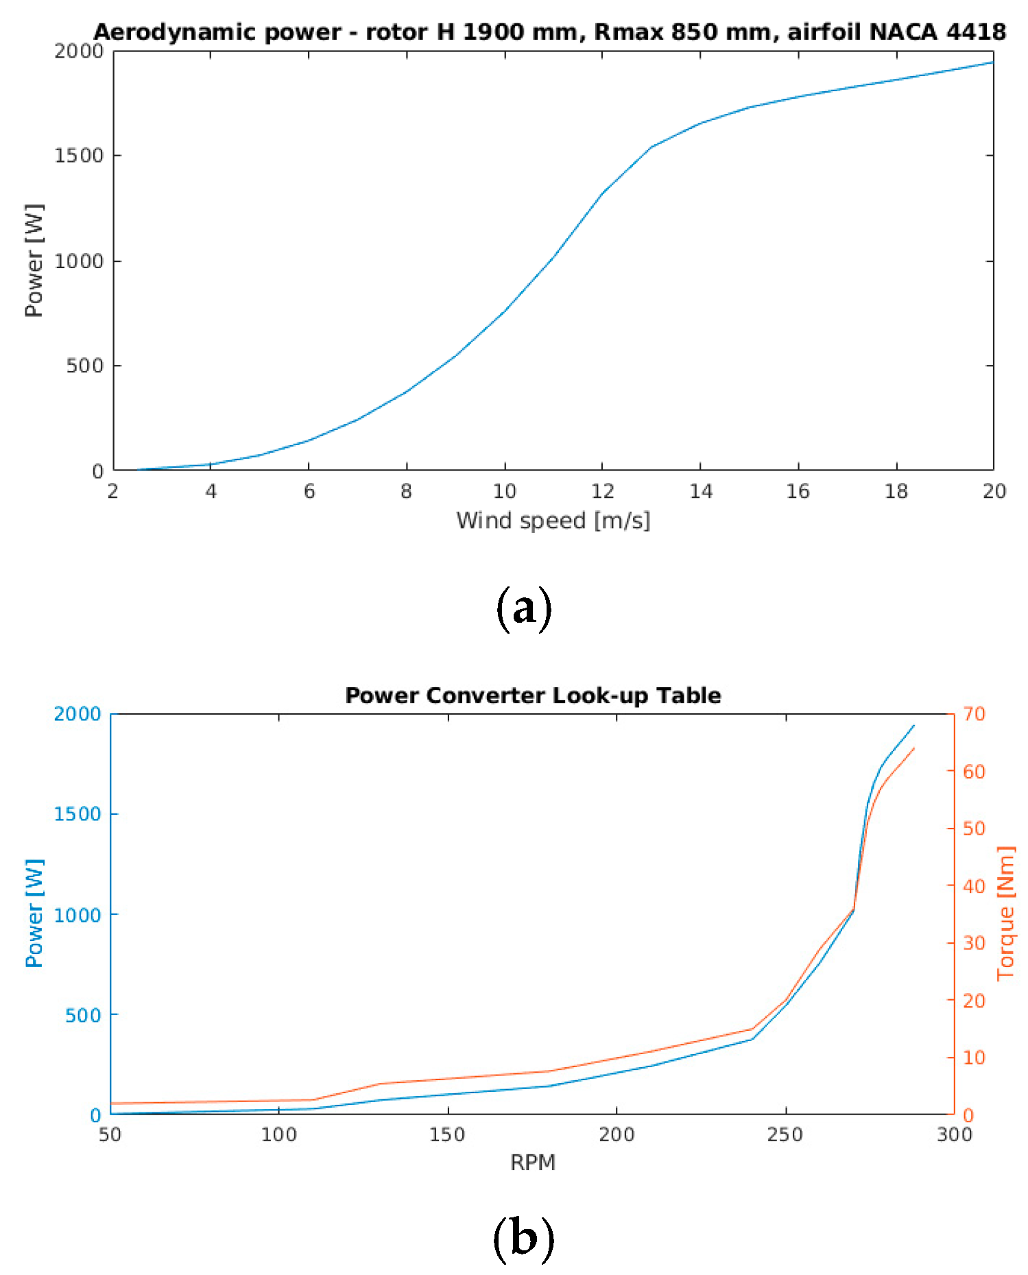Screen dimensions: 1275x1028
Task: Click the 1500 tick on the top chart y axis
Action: point(78,156)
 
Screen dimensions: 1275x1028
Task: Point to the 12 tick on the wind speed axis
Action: point(602,491)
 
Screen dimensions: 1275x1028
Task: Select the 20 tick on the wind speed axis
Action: point(994,491)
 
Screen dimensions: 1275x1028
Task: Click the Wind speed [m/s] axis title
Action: point(553,521)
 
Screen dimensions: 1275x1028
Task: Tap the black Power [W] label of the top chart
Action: point(34,261)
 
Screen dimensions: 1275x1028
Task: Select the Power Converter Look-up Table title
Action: point(533,695)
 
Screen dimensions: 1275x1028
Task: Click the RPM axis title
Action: point(532,1163)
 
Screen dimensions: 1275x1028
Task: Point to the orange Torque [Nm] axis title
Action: point(1005,913)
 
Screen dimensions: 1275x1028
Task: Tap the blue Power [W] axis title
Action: point(34,913)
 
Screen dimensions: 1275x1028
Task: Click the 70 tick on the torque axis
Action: point(974,714)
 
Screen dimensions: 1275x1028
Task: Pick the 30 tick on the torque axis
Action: point(974,943)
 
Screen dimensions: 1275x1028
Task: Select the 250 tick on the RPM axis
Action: point(785,1134)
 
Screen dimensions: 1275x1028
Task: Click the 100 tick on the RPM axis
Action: point(278,1134)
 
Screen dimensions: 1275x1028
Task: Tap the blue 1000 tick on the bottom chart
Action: point(77,915)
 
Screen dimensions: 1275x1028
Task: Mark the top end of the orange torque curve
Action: point(914,748)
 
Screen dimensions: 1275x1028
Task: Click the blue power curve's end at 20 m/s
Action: point(992,62)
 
